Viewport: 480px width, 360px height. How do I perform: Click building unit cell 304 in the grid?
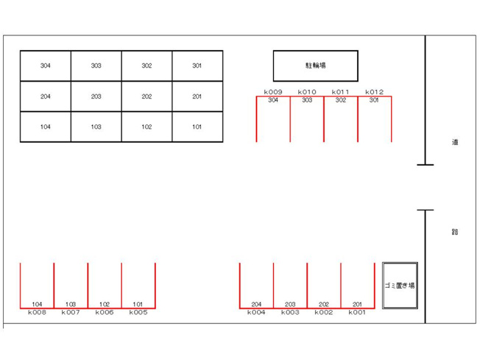(46, 66)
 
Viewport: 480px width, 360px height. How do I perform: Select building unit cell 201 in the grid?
(197, 96)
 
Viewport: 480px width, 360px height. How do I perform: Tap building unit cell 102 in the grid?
(147, 127)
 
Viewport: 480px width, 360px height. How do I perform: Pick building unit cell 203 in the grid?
(96, 96)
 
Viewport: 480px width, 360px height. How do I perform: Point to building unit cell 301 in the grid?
(197, 66)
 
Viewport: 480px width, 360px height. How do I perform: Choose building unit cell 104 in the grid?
(46, 127)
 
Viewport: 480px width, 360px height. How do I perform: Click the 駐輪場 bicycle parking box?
(316, 66)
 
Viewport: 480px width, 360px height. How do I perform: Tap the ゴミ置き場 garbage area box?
(400, 286)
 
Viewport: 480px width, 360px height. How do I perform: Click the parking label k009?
(273, 92)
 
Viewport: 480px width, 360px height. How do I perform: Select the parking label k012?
(375, 92)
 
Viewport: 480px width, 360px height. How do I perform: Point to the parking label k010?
(307, 92)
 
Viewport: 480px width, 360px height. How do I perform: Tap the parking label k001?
(357, 312)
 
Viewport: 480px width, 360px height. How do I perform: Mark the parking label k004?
(256, 312)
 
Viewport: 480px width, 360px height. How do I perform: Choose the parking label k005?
(138, 312)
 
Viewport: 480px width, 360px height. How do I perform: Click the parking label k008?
(37, 312)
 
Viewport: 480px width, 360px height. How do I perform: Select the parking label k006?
(105, 312)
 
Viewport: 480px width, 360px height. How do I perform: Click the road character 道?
(455, 142)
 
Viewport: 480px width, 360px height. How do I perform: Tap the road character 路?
(455, 232)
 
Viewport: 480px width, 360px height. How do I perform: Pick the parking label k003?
(290, 312)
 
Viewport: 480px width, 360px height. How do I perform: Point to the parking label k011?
(340, 92)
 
